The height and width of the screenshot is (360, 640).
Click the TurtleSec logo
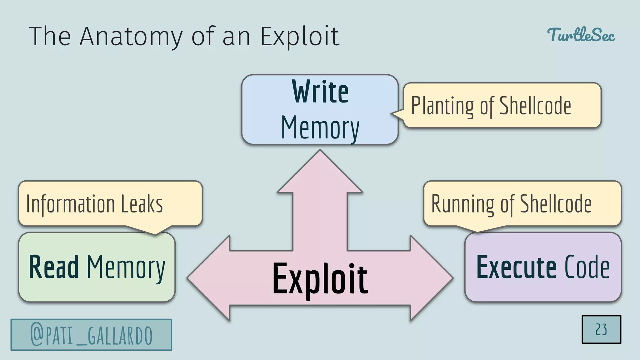(581, 35)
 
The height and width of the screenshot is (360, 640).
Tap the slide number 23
(601, 329)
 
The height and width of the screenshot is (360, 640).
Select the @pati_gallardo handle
(91, 335)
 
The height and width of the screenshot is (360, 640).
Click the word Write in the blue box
(320, 92)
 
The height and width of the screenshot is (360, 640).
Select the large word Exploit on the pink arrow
(320, 279)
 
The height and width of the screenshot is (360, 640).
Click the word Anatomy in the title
(131, 37)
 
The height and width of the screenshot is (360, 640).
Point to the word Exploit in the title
(300, 37)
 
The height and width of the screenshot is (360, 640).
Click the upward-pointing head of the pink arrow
(320, 175)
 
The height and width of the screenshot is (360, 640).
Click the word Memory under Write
(320, 128)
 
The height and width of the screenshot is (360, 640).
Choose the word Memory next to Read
(126, 267)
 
